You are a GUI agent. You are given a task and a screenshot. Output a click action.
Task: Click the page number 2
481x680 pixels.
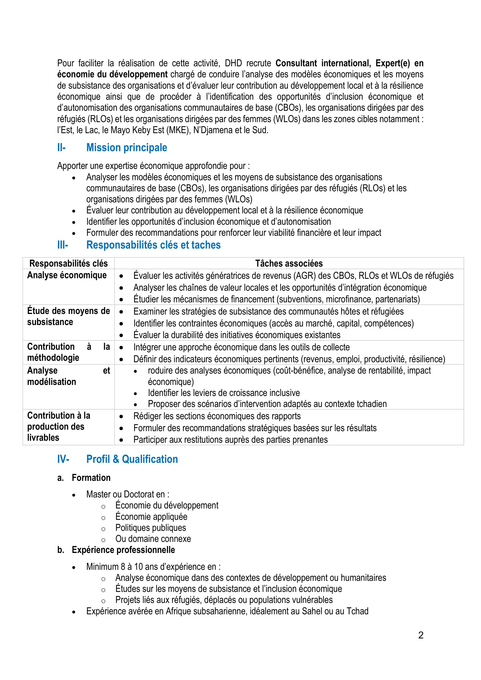coord(421,635)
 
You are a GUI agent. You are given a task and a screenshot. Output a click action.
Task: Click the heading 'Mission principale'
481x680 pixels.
coord(127,147)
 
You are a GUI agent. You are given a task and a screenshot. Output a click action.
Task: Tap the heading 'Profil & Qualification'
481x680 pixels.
coord(132,459)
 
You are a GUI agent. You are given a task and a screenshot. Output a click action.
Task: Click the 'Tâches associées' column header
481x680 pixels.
coord(289,263)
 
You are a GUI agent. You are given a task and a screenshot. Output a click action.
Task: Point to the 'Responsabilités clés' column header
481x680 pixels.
coord(68,263)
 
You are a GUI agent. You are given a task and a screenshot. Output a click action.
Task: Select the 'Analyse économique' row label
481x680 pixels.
coord(67,275)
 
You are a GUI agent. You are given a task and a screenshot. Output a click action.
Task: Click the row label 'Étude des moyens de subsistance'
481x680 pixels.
coord(68,316)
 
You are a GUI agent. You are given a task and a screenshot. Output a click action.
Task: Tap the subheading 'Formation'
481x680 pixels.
coord(91,478)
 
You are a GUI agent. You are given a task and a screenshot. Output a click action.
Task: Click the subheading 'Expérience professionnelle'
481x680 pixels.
coord(123,550)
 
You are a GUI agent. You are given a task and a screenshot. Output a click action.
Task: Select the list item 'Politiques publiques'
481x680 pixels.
coord(151,527)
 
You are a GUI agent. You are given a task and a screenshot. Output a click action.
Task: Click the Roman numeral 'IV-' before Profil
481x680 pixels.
coord(63,459)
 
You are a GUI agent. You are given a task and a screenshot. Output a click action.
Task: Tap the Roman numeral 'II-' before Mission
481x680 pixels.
coord(61,147)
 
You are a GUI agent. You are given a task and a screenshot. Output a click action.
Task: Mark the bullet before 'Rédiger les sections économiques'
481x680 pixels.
coord(121,417)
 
